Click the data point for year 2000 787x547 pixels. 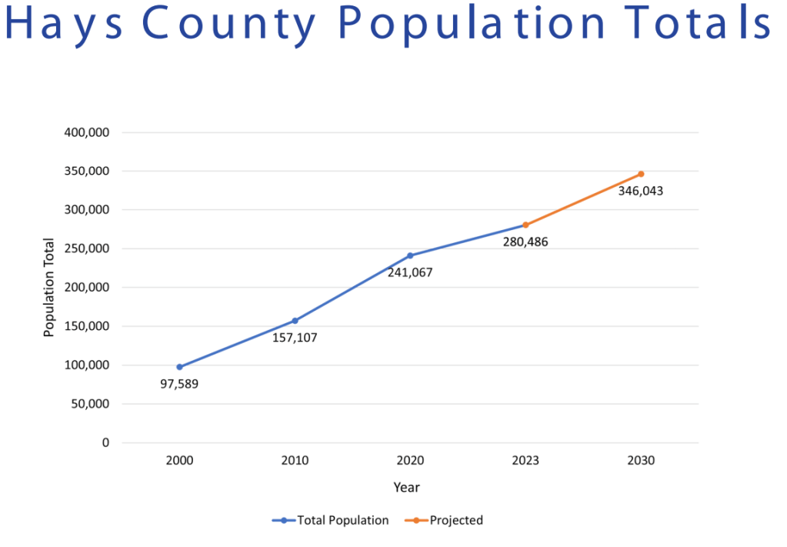click(179, 367)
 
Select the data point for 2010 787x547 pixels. click(295, 321)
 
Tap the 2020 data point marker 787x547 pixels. click(410, 255)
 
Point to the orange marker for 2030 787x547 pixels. click(641, 174)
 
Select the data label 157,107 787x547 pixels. click(295, 337)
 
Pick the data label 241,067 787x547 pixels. click(410, 272)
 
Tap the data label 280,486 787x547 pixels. click(525, 242)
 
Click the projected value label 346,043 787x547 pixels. click(641, 190)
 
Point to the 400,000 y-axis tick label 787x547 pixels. click(86, 132)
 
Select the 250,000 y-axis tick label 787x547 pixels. click(86, 248)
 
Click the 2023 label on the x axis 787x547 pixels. click(525, 461)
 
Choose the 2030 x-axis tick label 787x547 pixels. click(641, 461)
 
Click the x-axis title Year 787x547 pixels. click(406, 487)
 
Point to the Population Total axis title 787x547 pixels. click(49, 287)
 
